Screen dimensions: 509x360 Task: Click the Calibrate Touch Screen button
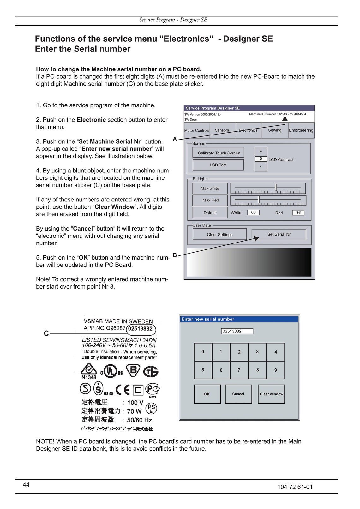[x=218, y=153]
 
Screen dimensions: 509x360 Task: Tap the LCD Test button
[x=218, y=165]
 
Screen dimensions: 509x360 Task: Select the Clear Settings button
[x=219, y=234]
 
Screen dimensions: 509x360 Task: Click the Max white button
[x=210, y=188]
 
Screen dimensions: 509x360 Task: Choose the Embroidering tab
[x=301, y=130]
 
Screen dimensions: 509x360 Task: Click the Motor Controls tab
[x=197, y=130]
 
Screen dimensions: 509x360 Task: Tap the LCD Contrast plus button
[x=261, y=152]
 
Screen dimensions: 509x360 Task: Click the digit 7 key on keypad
[x=239, y=370]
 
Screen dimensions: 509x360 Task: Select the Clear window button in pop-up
[x=271, y=394]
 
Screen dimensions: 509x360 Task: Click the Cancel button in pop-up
[x=238, y=394]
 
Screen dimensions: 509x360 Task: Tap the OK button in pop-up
[x=207, y=394]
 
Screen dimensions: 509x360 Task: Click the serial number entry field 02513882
[x=237, y=331]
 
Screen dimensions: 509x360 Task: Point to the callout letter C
[x=46, y=333]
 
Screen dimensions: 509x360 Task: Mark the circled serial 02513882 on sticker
[x=141, y=329]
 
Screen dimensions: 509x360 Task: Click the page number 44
[x=26, y=485]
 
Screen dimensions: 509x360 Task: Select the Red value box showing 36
[x=298, y=213]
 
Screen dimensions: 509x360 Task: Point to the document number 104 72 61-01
[x=295, y=487]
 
